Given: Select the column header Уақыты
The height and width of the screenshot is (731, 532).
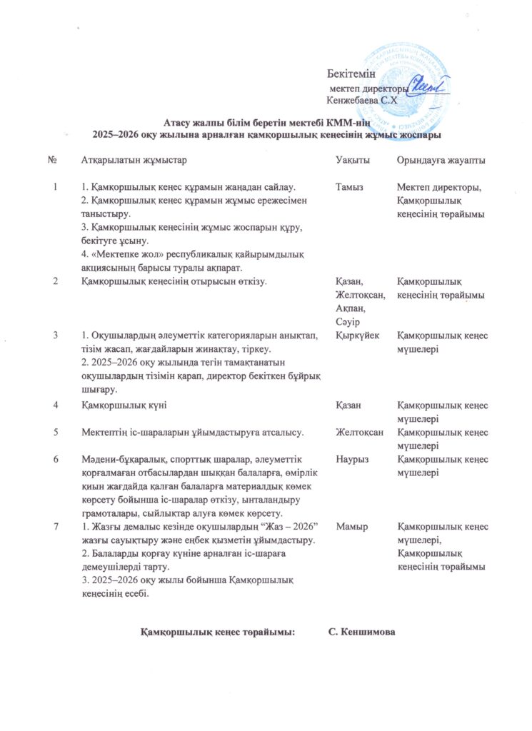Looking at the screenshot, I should (x=353, y=160).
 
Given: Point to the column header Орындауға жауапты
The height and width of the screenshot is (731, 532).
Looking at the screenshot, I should (x=441, y=160).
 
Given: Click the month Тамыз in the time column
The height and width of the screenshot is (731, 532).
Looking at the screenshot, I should (x=349, y=187).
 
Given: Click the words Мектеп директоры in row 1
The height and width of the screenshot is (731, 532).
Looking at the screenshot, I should (x=439, y=187).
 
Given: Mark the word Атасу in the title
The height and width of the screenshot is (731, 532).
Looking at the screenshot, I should (x=177, y=123).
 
